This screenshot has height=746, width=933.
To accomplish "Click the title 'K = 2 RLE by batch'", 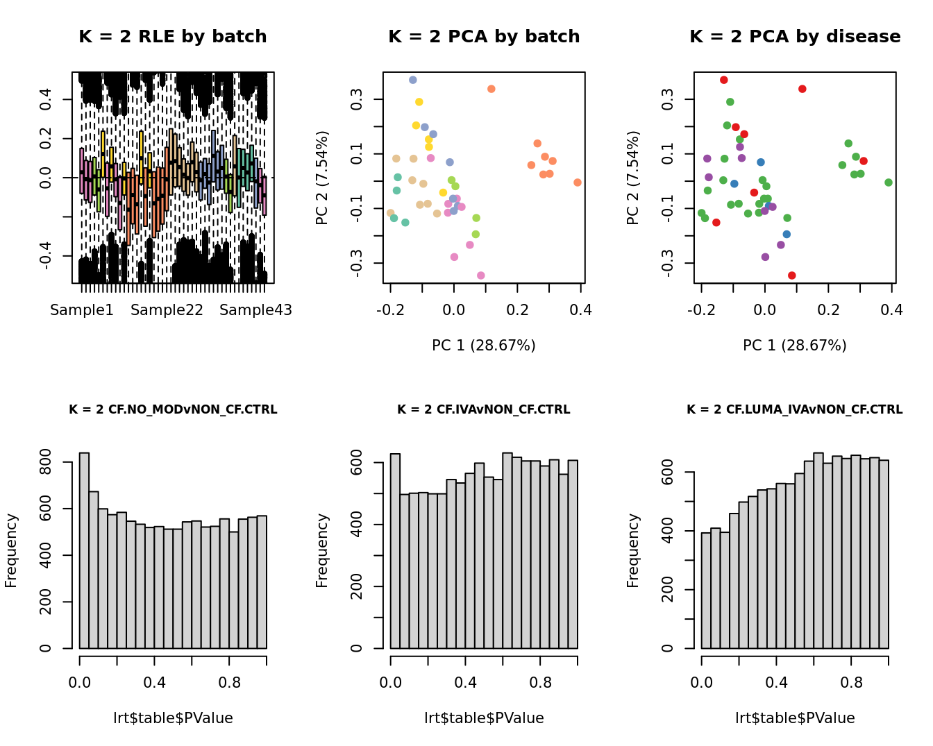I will click(172, 37).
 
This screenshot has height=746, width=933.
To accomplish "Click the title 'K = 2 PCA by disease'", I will click(795, 37).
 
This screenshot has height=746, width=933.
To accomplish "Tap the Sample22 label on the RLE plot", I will click(167, 310).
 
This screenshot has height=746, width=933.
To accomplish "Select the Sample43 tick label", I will click(255, 310).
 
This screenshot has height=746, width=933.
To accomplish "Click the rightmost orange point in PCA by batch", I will click(578, 183).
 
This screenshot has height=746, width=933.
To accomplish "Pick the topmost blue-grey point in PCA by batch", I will click(413, 80).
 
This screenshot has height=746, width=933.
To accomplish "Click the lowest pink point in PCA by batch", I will click(481, 275).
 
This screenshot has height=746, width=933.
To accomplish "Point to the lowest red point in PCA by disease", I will click(792, 275).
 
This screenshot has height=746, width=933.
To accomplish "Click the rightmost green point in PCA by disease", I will click(889, 183).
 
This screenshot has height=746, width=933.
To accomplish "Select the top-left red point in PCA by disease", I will click(724, 80).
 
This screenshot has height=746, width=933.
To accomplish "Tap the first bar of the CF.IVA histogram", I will click(395, 551).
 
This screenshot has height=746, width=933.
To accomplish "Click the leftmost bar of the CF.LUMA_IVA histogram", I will click(706, 591).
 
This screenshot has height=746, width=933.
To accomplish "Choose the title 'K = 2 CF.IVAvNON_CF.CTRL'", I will click(484, 409).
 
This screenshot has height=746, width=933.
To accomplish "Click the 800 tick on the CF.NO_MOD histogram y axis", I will click(46, 462).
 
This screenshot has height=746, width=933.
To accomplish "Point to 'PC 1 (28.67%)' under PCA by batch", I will click(484, 345).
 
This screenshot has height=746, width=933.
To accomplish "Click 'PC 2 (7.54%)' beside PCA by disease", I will click(633, 178).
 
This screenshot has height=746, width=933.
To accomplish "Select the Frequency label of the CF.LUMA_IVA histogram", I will click(633, 550).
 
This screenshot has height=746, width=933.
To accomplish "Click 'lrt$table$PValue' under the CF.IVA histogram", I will click(484, 718).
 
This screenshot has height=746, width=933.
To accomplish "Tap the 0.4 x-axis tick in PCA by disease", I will click(892, 310).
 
